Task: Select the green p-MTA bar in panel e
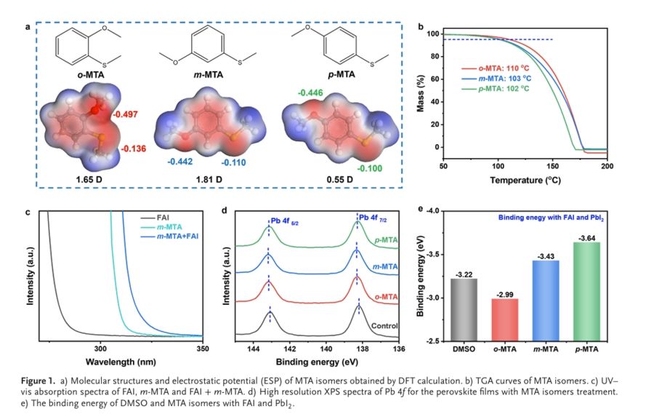[586, 291]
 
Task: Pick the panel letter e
[421, 210]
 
